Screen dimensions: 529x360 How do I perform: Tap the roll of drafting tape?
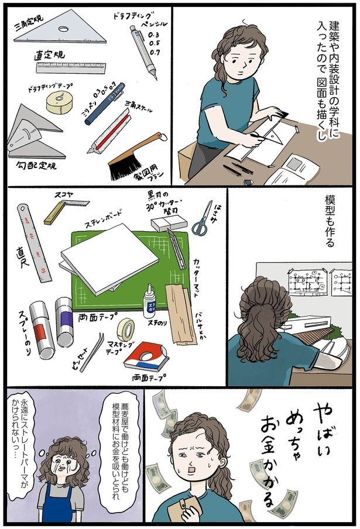[x=60, y=103]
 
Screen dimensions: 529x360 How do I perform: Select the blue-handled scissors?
[x=203, y=220]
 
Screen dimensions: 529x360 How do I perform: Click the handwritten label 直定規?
[x=49, y=56]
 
